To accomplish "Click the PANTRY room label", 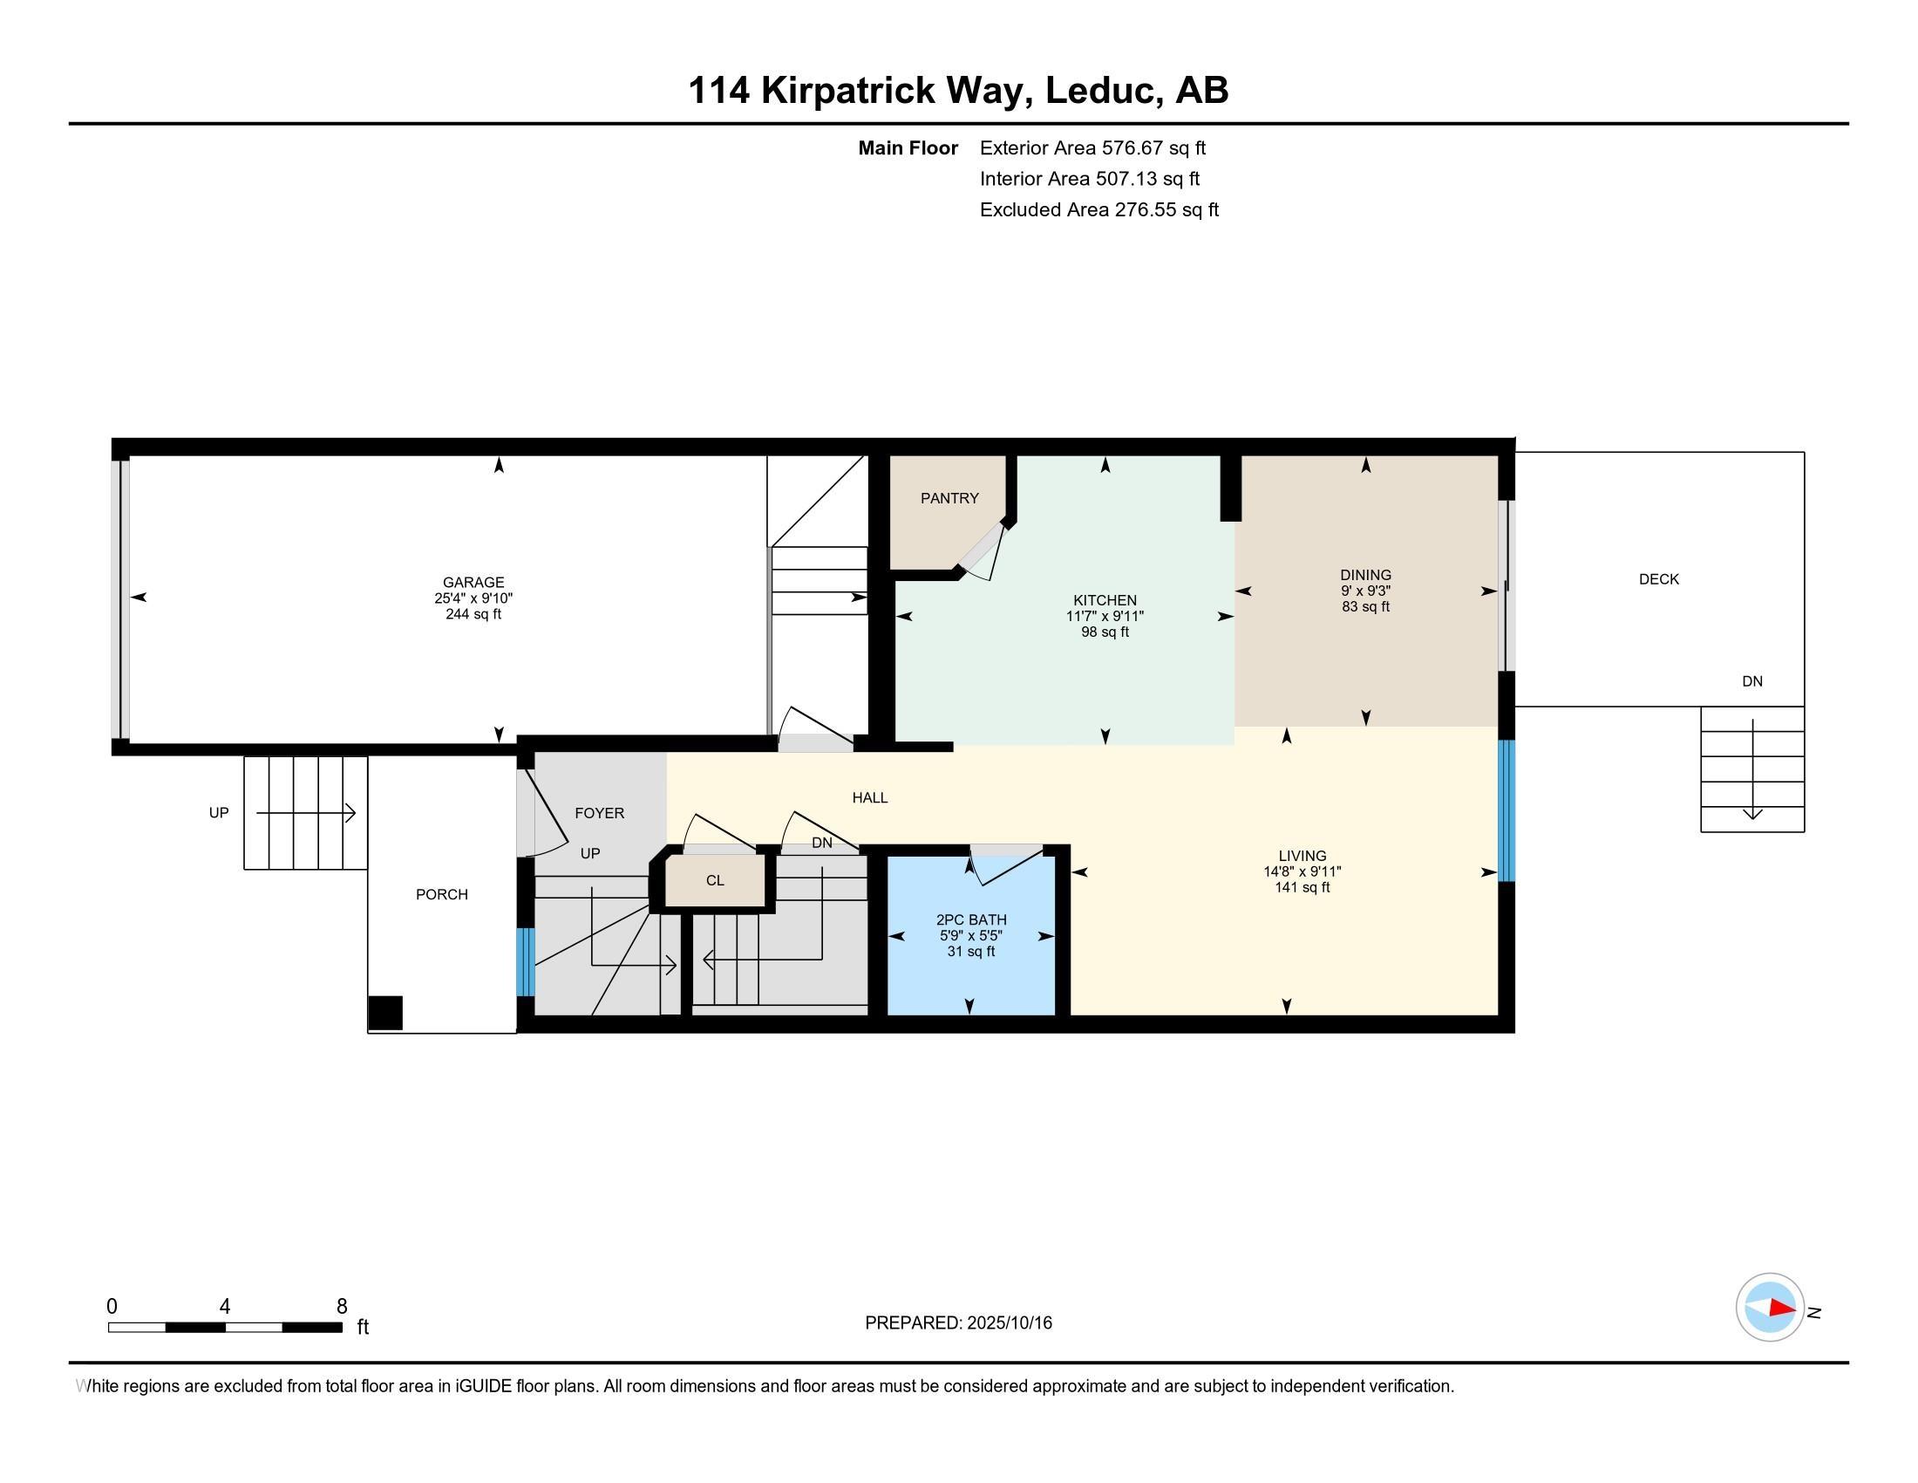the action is tap(949, 498).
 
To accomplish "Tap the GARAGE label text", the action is tap(473, 583).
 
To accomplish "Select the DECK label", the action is tap(1659, 579).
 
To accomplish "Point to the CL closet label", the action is tap(715, 880).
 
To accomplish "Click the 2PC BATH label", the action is tap(971, 919).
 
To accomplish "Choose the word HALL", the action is tap(870, 797).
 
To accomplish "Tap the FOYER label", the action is tap(600, 814).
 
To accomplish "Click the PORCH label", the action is tap(442, 894).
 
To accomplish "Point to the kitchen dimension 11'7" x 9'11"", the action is tap(1105, 617).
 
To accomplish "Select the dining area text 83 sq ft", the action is tap(1365, 607).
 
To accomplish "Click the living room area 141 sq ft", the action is tap(1302, 888).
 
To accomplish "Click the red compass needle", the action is tap(1782, 1309).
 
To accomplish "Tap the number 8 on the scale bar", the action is tap(342, 1307).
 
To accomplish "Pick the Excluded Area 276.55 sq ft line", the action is tap(1099, 210).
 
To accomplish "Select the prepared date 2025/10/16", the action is tap(1009, 1323).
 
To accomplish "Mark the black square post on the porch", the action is tap(384, 1012).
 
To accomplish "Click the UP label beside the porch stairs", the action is tap(219, 813).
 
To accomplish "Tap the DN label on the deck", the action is tap(1752, 682).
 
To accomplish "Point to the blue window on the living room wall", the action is tap(1507, 810).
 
